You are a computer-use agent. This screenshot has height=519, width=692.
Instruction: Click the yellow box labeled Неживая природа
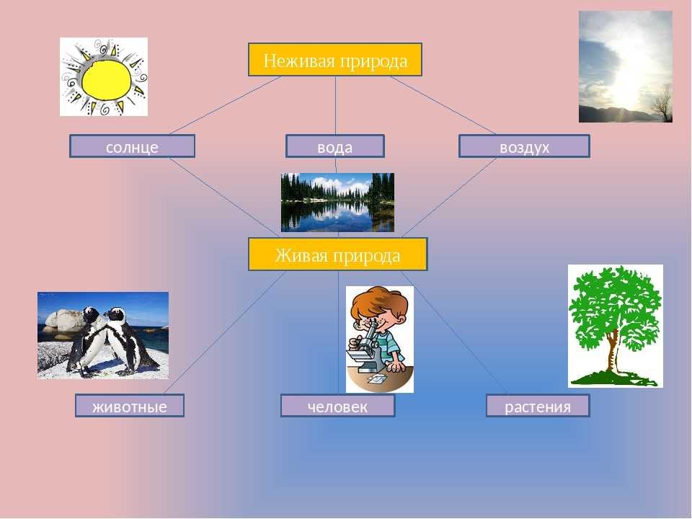335,60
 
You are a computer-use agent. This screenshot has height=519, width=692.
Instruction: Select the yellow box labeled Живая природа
337,254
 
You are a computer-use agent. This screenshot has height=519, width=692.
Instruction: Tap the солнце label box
132,146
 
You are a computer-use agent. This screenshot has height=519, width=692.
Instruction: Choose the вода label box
335,146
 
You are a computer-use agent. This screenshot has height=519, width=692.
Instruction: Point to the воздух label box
524,146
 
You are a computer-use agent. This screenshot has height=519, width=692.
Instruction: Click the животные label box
129,406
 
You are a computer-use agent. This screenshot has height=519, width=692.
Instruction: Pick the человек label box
337,406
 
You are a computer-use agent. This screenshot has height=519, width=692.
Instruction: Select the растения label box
538,406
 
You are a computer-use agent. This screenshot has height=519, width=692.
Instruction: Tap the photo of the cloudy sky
626,66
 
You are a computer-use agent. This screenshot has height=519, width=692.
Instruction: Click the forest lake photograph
337,202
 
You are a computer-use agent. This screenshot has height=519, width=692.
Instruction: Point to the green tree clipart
615,326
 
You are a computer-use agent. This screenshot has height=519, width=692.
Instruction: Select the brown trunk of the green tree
612,352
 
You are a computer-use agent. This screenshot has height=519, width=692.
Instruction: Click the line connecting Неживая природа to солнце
225,105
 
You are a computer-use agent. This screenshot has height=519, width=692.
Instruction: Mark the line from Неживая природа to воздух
443,105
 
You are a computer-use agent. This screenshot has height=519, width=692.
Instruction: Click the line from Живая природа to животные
226,332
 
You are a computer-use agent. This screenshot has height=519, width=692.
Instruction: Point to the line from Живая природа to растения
453,332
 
